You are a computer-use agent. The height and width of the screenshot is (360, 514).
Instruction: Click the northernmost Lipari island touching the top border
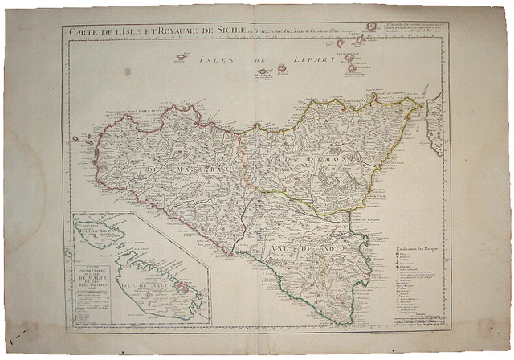(372, 27)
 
